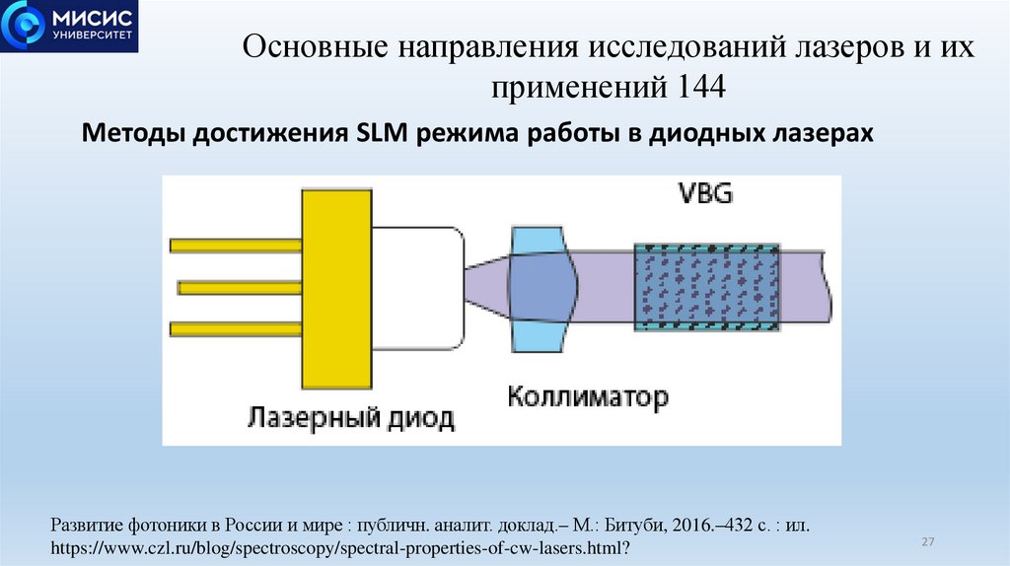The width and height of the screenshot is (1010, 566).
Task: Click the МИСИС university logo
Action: tap(70, 27)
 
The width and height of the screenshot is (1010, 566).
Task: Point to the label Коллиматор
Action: tap(588, 397)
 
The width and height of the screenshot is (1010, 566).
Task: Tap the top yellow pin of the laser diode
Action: tap(235, 245)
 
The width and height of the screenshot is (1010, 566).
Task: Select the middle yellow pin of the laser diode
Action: tap(239, 287)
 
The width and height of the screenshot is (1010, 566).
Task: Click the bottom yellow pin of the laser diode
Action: tap(235, 328)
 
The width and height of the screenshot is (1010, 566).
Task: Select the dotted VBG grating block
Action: tap(706, 287)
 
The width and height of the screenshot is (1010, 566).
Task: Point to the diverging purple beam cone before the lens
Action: tap(488, 286)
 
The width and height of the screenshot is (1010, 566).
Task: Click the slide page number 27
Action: tap(927, 542)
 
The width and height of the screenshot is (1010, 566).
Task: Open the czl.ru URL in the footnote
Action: tap(339, 545)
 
